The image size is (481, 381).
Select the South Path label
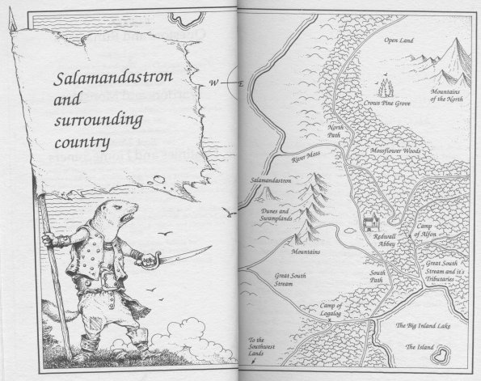(x=381, y=277)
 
